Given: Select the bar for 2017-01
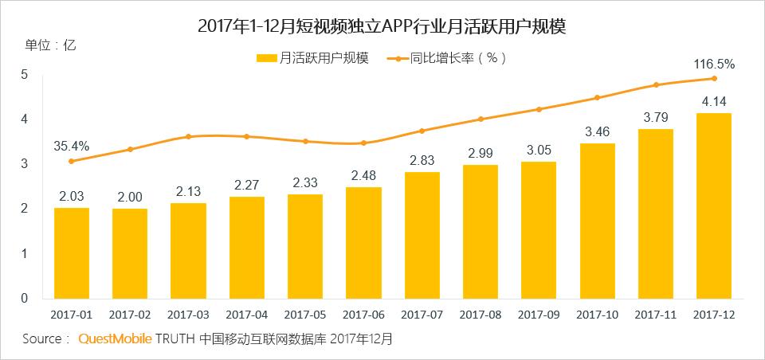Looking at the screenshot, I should [72, 252].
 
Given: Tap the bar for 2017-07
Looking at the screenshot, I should [422, 235].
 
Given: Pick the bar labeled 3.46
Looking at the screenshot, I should [597, 221].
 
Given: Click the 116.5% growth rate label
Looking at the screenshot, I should [714, 64].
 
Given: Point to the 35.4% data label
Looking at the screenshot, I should [72, 146].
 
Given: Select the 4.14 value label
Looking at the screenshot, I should [714, 101].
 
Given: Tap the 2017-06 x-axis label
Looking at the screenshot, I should [363, 315].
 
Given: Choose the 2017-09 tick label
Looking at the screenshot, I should [539, 315].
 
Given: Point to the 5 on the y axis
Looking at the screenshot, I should [25, 75].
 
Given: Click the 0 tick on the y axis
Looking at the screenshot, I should [25, 298].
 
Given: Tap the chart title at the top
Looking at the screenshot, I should [382, 26].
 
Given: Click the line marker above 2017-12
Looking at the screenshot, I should [714, 78].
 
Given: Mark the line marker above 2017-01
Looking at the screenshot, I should [72, 161].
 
